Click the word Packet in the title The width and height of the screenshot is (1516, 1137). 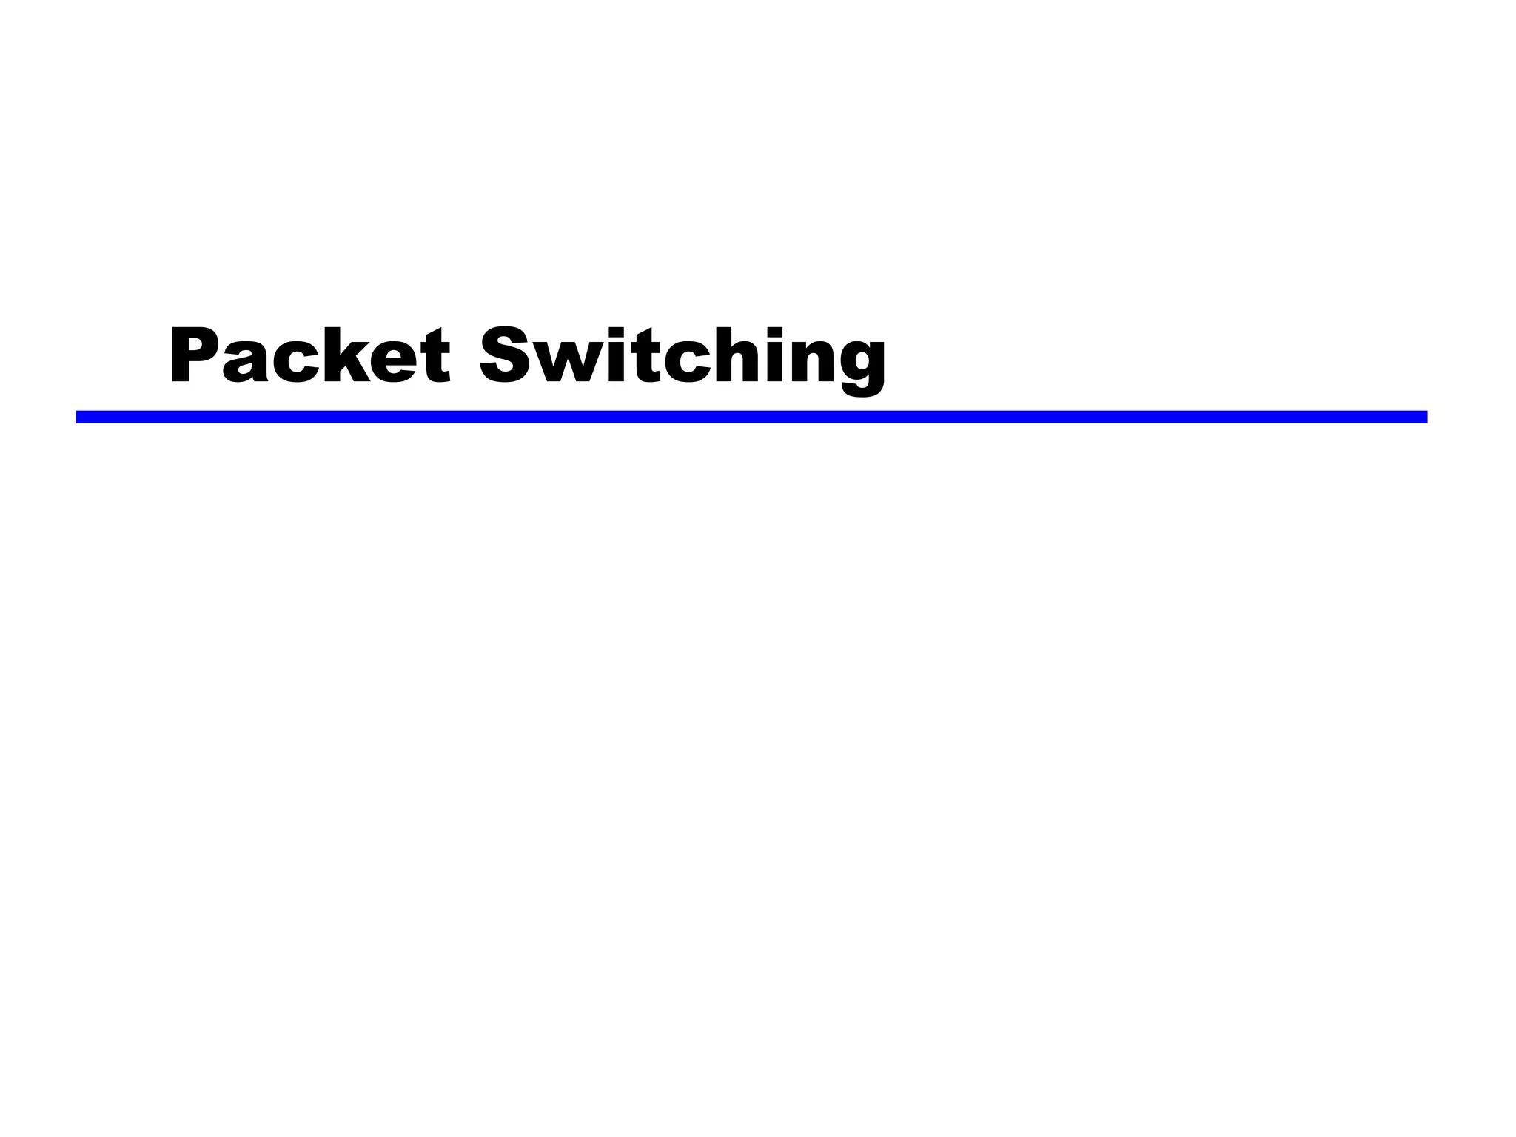pyautogui.click(x=309, y=355)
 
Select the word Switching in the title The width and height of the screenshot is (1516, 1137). pyautogui.click(x=682, y=358)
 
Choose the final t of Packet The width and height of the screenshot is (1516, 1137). pyautogui.click(x=436, y=356)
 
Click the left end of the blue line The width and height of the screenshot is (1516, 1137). pyautogui.click(x=78, y=417)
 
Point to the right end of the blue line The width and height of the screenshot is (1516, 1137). pyautogui.click(x=1424, y=417)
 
